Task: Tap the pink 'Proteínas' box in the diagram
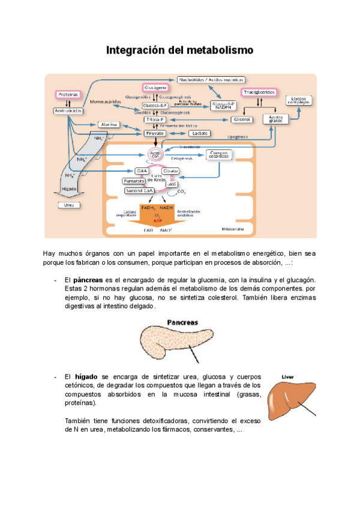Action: point(67,95)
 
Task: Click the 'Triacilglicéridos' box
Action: point(259,92)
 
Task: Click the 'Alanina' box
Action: point(108,125)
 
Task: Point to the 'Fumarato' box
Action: point(134,181)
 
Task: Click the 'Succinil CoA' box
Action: point(140,190)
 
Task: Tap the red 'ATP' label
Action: point(157,221)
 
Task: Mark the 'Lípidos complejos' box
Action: point(298,100)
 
